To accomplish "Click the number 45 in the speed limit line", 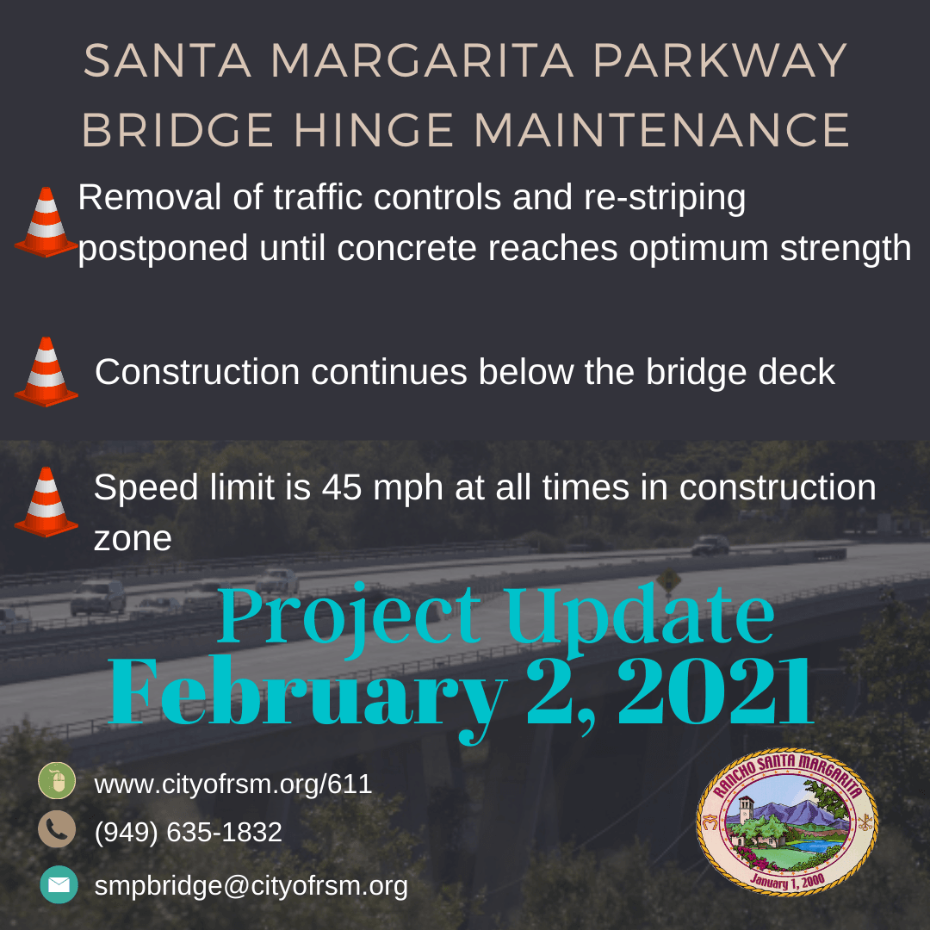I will (x=343, y=488).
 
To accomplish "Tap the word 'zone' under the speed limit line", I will (x=132, y=539).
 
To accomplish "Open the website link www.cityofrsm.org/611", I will (x=232, y=784).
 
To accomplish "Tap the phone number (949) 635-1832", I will (x=188, y=832).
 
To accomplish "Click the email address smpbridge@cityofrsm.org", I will (x=251, y=885).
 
